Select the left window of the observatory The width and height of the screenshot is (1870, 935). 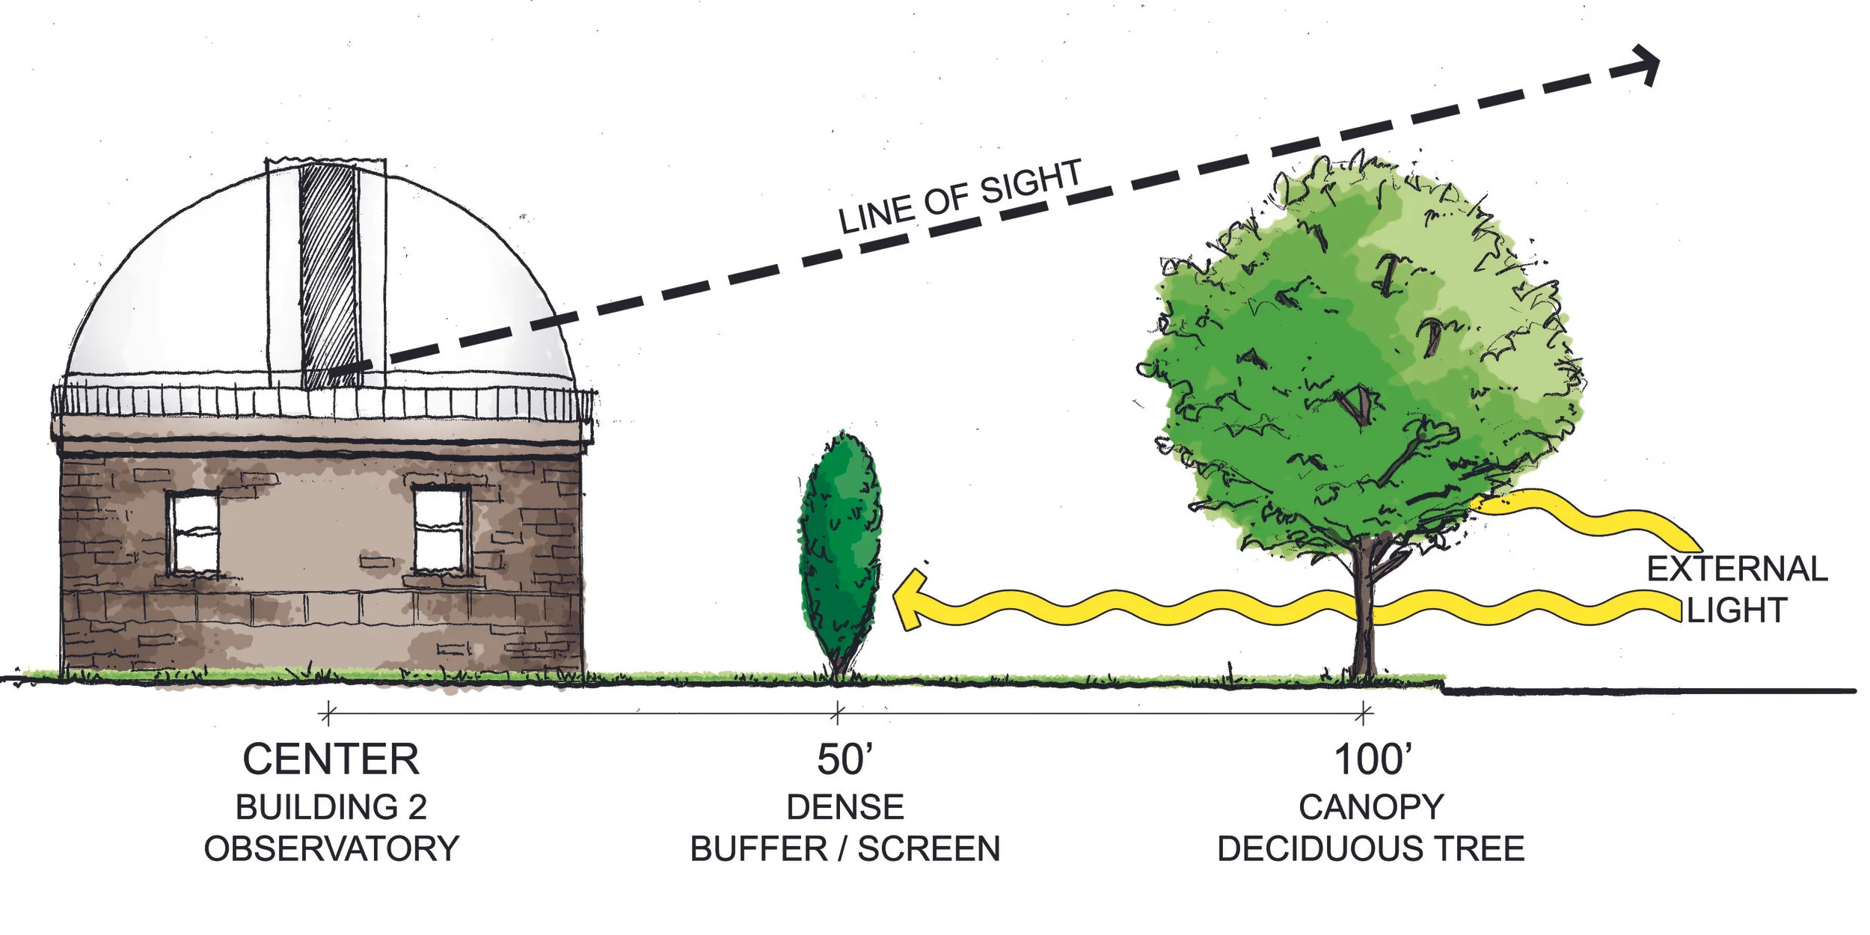click(x=193, y=532)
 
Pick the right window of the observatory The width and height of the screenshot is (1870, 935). click(x=440, y=529)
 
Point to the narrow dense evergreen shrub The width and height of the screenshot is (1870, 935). click(x=839, y=554)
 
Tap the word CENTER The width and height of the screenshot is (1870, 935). click(x=331, y=760)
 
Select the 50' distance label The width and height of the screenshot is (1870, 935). click(x=844, y=760)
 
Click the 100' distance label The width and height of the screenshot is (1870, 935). click(x=1373, y=760)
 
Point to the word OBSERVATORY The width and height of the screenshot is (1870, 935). click(x=331, y=849)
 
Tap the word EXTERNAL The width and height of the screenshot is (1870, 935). click(x=1737, y=569)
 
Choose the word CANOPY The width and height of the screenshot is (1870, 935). click(x=1371, y=808)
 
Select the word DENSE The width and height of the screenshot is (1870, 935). click(x=845, y=808)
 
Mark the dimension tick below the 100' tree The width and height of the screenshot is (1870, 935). click(x=1364, y=714)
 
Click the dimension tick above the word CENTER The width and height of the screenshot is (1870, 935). click(x=328, y=714)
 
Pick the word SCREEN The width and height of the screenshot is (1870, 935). click(x=928, y=849)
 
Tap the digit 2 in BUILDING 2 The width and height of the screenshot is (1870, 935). click(x=417, y=808)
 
